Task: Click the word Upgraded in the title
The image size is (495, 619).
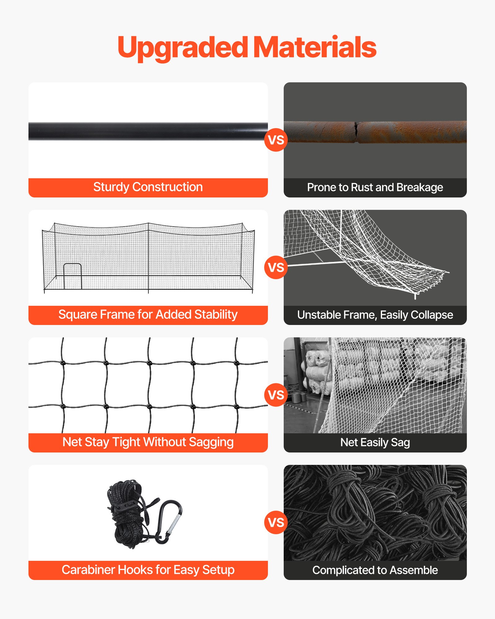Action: click(183, 48)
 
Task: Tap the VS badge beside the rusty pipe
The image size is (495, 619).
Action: click(276, 140)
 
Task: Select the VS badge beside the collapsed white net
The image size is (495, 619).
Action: click(276, 267)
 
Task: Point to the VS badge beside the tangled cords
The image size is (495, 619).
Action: click(276, 522)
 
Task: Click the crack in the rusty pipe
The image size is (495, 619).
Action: click(356, 132)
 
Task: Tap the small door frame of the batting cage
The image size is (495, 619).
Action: click(72, 275)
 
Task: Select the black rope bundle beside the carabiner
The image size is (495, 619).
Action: click(127, 514)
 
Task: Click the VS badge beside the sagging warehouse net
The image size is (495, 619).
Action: click(276, 395)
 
